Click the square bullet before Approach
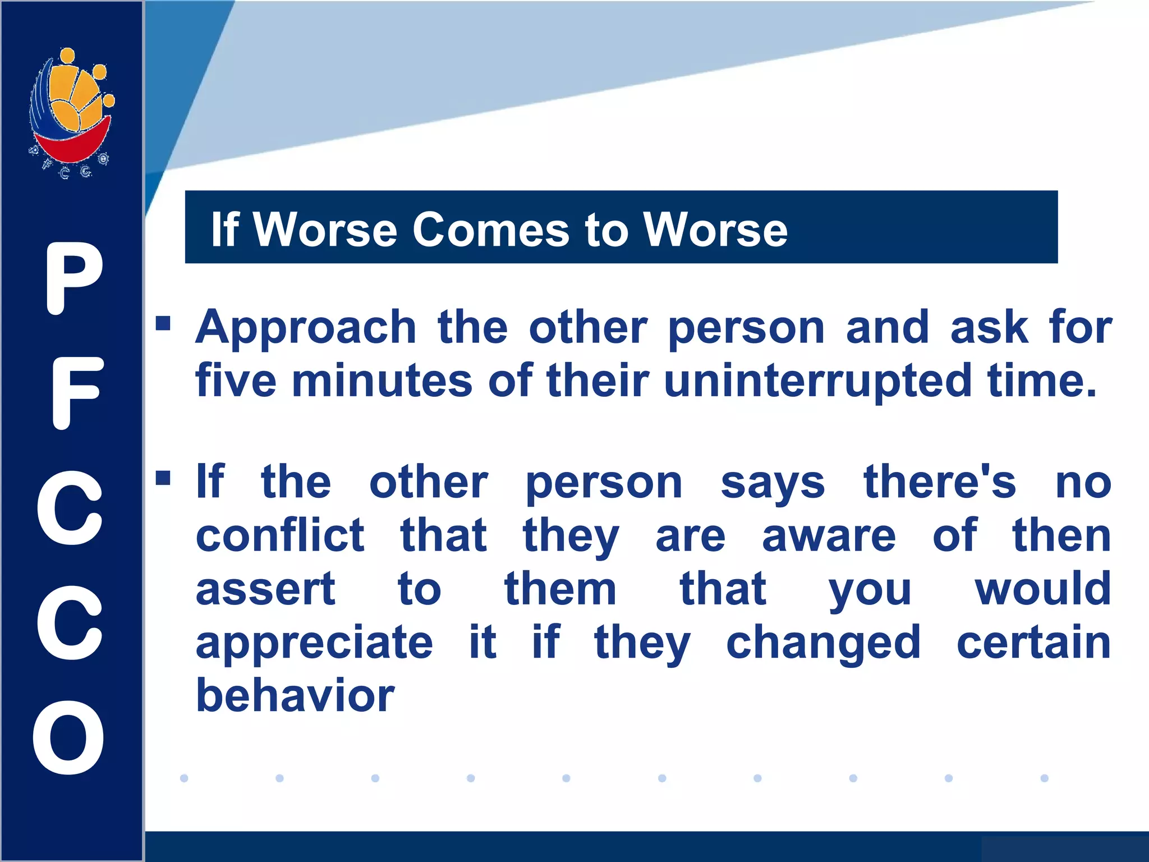[x=163, y=323]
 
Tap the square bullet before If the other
[x=163, y=478]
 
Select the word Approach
[x=306, y=328]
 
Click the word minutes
[x=382, y=381]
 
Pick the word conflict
[x=280, y=535]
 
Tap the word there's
[x=940, y=482]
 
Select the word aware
[x=829, y=537]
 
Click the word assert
[x=265, y=589]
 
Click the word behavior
[x=295, y=696]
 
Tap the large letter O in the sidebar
[x=69, y=737]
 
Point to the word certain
[x=1033, y=643]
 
